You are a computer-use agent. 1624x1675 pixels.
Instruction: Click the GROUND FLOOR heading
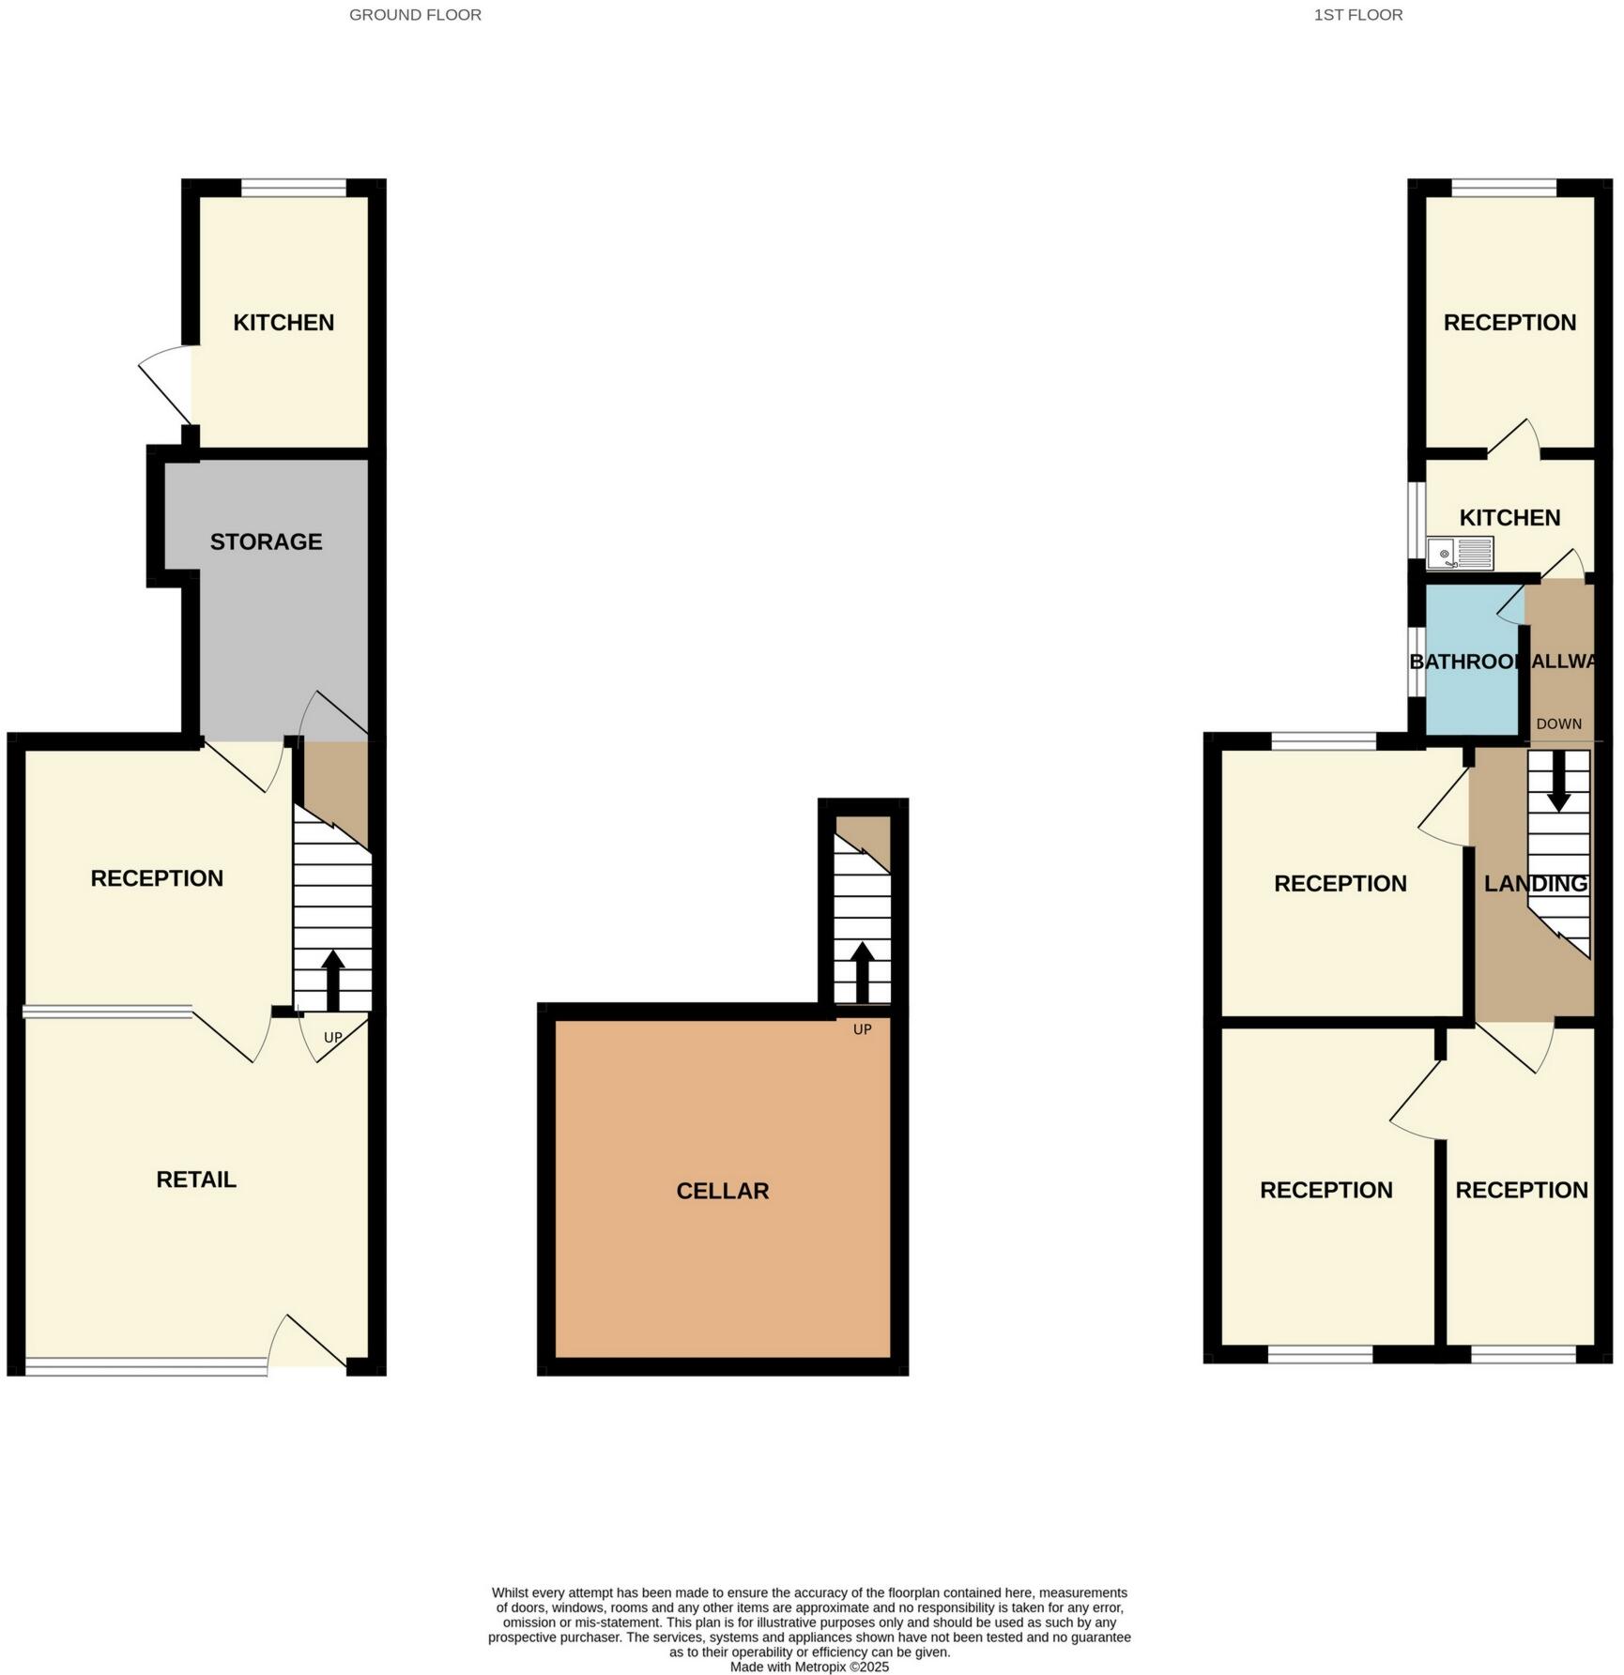click(415, 15)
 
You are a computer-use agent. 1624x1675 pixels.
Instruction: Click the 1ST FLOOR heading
click(1357, 15)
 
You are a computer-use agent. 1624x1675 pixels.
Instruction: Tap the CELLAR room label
click(722, 1191)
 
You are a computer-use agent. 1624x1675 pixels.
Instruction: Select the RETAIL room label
click(195, 1180)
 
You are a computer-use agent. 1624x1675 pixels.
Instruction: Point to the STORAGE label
click(266, 541)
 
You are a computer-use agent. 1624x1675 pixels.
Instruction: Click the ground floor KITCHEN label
click(283, 323)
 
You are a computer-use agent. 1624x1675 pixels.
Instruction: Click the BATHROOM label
click(1466, 662)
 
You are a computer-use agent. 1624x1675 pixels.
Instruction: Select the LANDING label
click(1535, 884)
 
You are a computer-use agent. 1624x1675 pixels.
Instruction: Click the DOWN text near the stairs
click(1558, 724)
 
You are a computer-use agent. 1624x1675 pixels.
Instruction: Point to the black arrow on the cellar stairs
click(862, 971)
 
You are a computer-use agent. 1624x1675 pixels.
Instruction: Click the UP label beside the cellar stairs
click(862, 1029)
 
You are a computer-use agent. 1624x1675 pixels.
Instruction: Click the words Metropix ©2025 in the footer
click(842, 1667)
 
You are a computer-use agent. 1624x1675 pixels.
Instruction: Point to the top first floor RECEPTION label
click(1509, 323)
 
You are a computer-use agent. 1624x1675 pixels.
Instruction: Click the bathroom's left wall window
click(1417, 662)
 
